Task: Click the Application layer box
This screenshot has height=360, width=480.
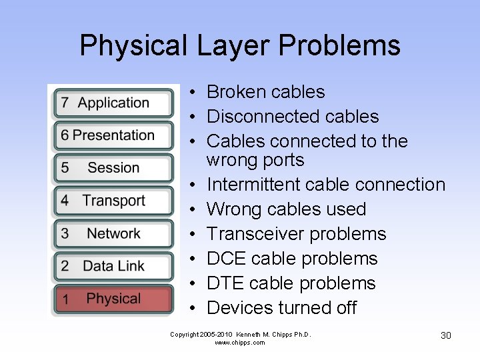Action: [x=113, y=103]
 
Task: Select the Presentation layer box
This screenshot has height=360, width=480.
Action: [x=113, y=136]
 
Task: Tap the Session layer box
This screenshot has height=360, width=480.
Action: [x=113, y=168]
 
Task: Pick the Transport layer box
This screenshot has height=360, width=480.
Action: [x=113, y=201]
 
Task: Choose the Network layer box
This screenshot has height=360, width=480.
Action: [x=113, y=234]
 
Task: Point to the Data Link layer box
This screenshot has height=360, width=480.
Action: [x=113, y=266]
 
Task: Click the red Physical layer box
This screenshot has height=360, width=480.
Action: [x=113, y=299]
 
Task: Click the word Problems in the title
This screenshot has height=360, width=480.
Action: [x=339, y=45]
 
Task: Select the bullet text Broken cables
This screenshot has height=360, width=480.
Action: [x=265, y=92]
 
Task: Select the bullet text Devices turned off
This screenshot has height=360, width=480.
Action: [x=281, y=308]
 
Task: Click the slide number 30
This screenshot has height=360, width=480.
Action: [x=446, y=335]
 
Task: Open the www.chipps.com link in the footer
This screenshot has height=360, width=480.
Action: [x=240, y=343]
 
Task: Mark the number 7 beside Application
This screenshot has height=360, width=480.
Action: [x=65, y=103]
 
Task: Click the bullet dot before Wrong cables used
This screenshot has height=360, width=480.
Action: [x=191, y=209]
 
